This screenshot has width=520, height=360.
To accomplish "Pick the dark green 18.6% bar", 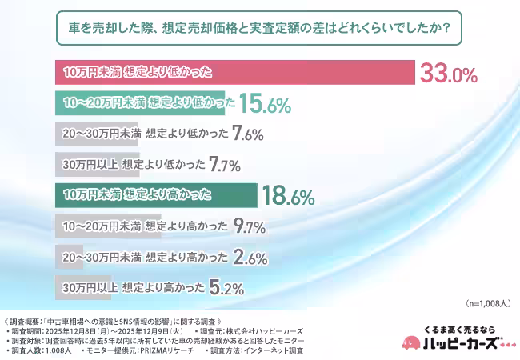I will coord(155,194).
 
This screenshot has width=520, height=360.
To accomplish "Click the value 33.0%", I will coord(448,74).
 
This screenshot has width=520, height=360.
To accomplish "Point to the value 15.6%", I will coord(263,104).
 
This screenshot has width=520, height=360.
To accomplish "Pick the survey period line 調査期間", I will coord(96,330).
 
